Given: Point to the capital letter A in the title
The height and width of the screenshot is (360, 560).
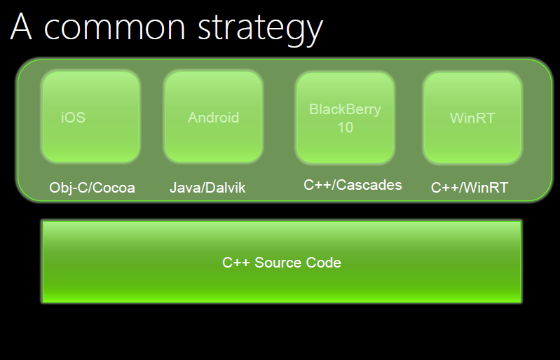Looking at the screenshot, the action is [22, 26].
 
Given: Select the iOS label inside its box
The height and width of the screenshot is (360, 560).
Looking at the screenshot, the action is [73, 118].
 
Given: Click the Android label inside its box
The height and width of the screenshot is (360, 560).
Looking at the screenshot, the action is [214, 118].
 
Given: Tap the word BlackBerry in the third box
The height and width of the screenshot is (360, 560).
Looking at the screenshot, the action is [345, 109].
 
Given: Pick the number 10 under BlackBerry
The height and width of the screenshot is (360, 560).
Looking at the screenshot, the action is [346, 127].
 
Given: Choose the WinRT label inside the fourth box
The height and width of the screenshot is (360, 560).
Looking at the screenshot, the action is [472, 118].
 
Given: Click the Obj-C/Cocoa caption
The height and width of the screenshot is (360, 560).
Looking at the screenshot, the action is [92, 188].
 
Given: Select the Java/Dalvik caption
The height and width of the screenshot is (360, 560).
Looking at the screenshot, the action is [207, 188].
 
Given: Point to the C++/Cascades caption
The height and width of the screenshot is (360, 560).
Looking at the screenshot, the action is [353, 185].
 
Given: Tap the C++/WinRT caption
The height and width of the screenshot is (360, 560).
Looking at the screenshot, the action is [470, 188].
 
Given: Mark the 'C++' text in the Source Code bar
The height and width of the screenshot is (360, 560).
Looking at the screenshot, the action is [235, 263].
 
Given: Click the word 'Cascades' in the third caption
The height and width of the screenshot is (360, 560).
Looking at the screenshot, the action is [369, 185].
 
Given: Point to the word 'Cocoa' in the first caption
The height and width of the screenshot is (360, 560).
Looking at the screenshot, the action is [114, 188].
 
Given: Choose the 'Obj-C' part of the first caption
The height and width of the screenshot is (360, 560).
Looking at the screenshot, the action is [69, 188].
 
